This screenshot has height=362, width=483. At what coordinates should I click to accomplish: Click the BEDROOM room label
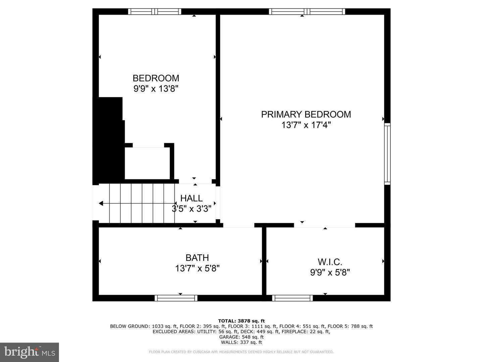coord(156,78)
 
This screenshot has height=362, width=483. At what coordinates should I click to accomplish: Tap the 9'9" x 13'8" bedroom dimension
coord(156,89)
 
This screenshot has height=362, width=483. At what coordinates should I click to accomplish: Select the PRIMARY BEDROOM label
coord(306,114)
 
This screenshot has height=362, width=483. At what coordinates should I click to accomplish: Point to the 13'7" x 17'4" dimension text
coord(306,125)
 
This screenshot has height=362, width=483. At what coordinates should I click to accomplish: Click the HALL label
coord(192,198)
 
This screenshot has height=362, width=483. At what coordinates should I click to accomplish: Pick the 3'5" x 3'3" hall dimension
coord(192,208)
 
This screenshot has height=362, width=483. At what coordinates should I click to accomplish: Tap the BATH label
coord(197,258)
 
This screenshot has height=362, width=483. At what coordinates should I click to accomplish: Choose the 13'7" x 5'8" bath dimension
coord(197,268)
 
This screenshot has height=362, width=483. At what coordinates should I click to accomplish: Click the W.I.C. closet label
coord(330,262)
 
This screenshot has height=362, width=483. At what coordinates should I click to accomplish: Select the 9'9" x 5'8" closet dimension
coord(330,273)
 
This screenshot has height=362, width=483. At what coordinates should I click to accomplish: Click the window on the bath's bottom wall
coord(176,298)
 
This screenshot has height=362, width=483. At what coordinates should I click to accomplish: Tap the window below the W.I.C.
coord(292,298)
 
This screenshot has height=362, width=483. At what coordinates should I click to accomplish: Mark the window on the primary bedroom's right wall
coord(387,154)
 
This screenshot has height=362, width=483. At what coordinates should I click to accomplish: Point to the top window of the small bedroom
coord(155,11)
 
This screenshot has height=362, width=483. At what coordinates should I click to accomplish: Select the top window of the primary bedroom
coord(307,11)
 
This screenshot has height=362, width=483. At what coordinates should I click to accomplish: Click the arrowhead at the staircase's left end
coord(101,203)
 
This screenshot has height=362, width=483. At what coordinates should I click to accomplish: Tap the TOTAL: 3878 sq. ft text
coord(241,321)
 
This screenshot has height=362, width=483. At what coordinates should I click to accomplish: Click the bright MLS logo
coord(30,352)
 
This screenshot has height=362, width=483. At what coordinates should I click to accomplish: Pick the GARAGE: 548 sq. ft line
coord(241,337)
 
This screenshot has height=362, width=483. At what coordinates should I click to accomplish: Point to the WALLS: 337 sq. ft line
coord(241,342)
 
